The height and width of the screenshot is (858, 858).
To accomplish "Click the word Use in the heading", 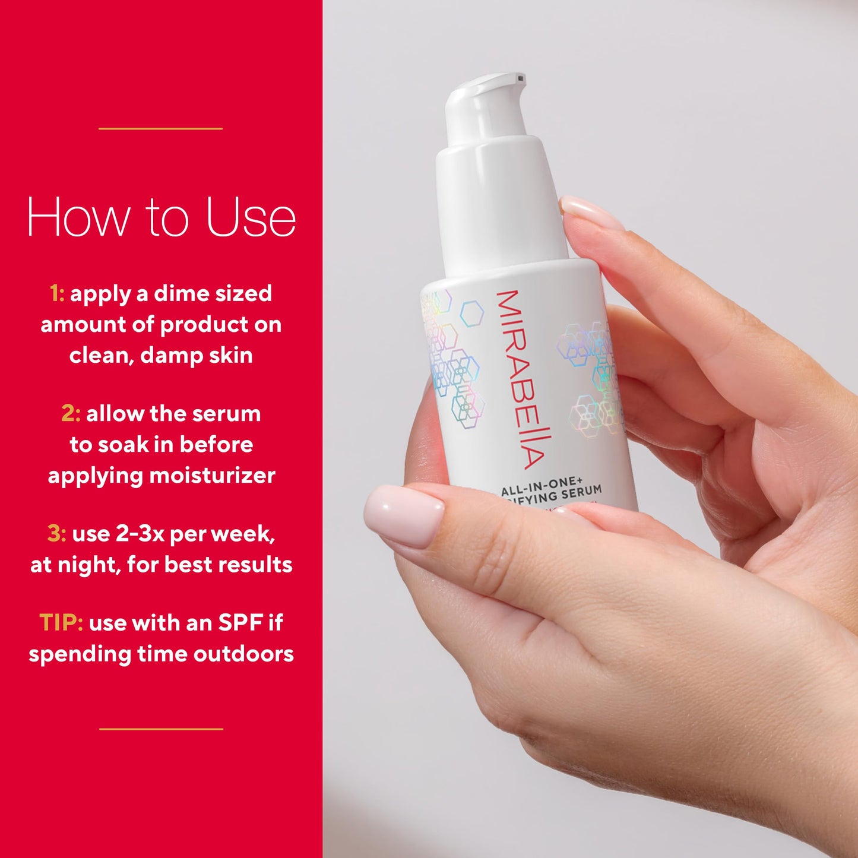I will (251, 217).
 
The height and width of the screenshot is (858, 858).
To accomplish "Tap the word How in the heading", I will (78, 217).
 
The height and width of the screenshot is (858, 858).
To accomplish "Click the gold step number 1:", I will (57, 293).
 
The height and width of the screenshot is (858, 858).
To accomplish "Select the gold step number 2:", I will (71, 413).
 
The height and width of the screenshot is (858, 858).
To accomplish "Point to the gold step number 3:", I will (56, 533).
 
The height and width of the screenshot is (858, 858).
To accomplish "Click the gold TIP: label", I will (61, 622).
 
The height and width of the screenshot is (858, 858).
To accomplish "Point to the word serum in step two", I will (230, 413).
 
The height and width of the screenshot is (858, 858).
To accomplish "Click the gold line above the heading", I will (160, 128).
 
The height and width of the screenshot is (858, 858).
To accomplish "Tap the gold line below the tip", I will (161, 729).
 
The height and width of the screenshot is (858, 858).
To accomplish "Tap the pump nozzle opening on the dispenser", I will (521, 78).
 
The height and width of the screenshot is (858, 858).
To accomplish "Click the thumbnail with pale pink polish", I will (404, 514).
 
